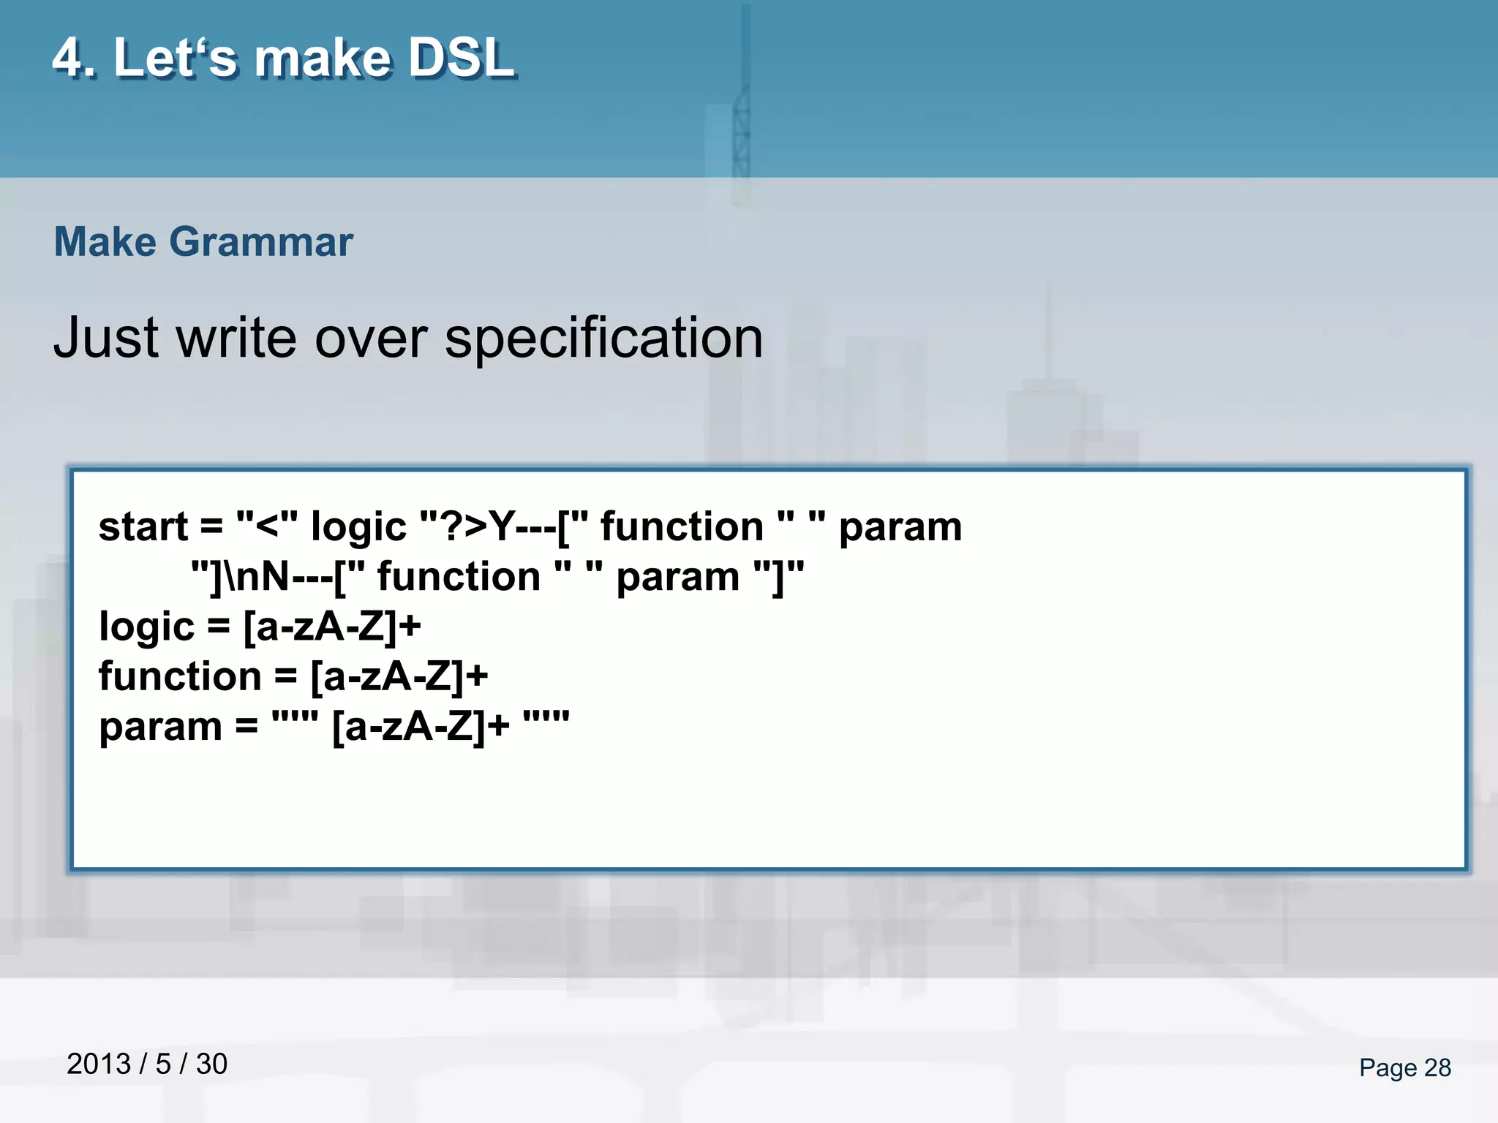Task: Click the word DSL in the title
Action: click(461, 58)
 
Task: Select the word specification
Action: click(603, 339)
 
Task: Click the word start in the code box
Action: click(143, 527)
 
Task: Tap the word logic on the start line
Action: click(358, 527)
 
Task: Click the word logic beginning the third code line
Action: click(146, 627)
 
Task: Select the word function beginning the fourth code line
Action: click(180, 676)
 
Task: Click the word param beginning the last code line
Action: click(160, 727)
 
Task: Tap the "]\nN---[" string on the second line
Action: click(278, 577)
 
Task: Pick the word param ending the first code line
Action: click(900, 527)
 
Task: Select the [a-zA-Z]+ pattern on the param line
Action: click(420, 727)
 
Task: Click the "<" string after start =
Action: click(267, 527)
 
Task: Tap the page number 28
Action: click(1437, 1068)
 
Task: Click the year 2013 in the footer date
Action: click(99, 1065)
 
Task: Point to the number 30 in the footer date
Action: click(211, 1065)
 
